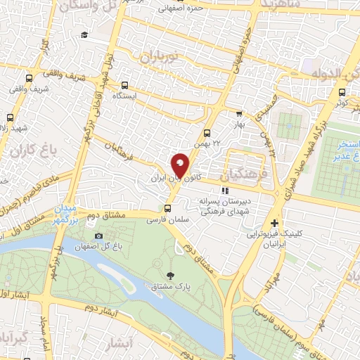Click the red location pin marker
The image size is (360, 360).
pos(181,165)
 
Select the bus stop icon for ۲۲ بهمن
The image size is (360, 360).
pos(207,133)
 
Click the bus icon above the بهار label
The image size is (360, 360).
pos(239,113)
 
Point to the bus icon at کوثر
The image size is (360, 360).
pos(342,91)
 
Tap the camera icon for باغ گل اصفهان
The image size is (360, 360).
pos(98,236)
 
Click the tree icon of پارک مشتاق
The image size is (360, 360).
pos(169,275)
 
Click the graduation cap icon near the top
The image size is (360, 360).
pos(84,35)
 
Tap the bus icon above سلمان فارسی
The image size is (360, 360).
pos(167,208)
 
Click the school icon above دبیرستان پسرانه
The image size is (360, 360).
pos(225,191)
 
